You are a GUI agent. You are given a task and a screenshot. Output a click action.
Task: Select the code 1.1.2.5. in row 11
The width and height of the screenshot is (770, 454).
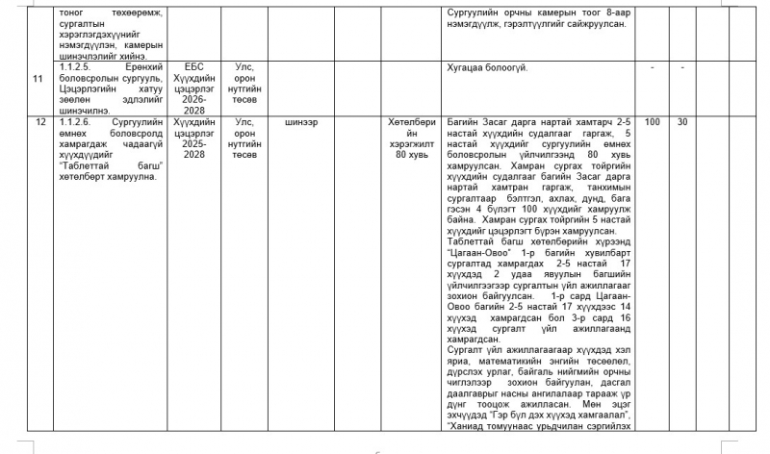[76, 66]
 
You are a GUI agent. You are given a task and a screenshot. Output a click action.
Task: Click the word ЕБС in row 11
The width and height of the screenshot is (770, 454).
[194, 66]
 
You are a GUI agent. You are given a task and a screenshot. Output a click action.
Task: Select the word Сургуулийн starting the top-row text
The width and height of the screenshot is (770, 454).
[472, 12]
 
